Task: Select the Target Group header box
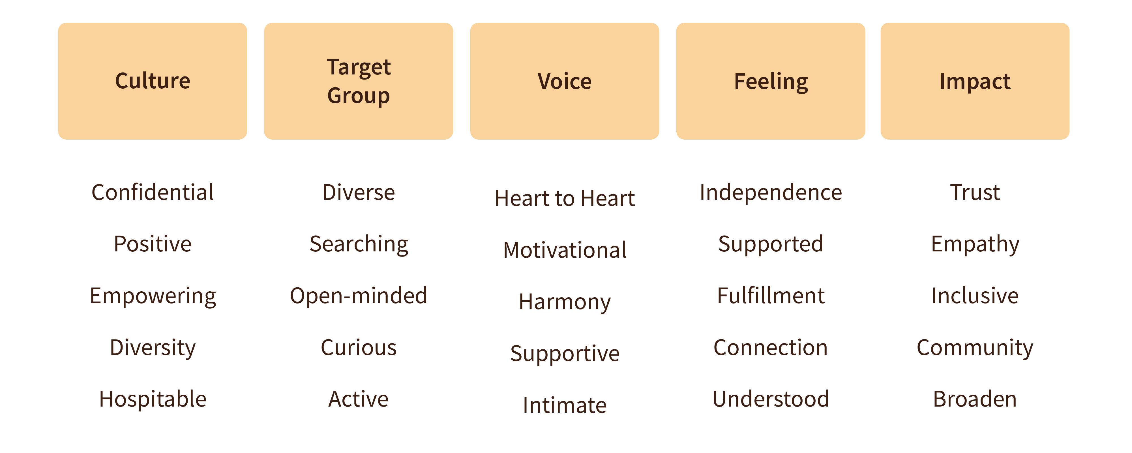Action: click(x=358, y=81)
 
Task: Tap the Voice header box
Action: click(x=564, y=81)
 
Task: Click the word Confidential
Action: click(x=153, y=192)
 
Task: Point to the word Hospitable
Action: click(x=153, y=399)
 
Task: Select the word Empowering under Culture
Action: click(x=153, y=296)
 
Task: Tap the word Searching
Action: click(x=359, y=244)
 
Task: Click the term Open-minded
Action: click(x=358, y=296)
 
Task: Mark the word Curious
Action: click(x=359, y=347)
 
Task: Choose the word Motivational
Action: click(x=565, y=250)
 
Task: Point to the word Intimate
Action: click(x=565, y=405)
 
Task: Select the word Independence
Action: click(x=771, y=192)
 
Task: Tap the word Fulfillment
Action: click(x=771, y=296)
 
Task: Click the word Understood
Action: click(x=771, y=399)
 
